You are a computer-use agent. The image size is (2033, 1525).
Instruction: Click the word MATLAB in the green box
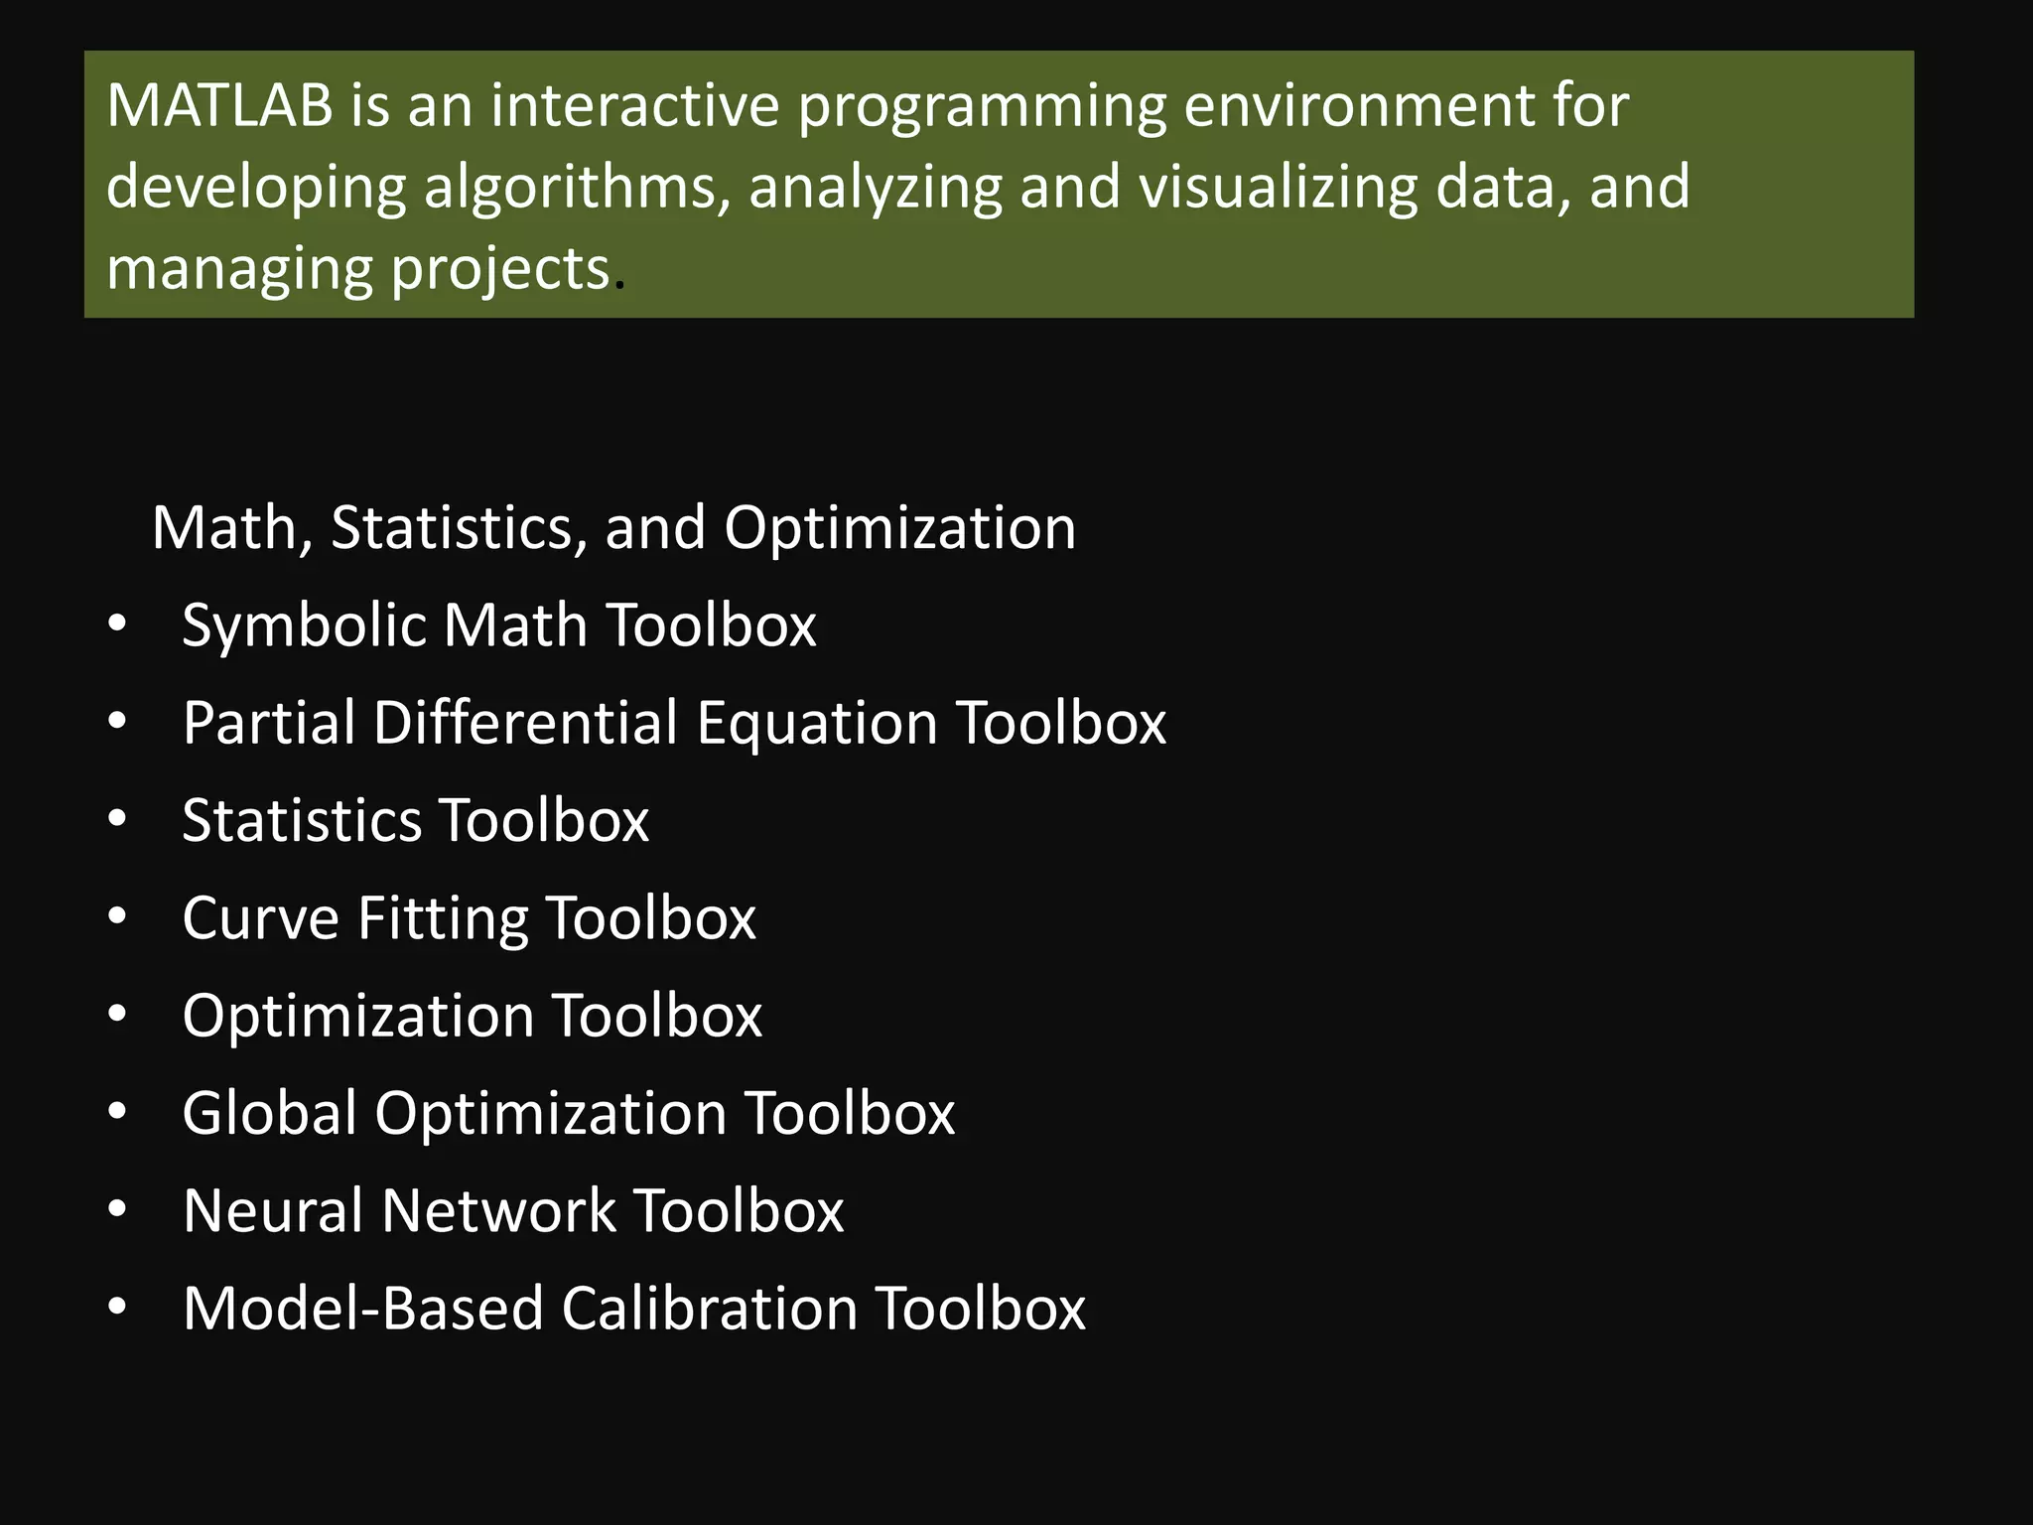219,105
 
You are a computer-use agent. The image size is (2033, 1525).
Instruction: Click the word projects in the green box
499,270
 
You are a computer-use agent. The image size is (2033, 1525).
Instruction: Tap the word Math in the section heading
223,527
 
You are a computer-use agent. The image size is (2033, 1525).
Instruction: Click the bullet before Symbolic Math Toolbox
117,624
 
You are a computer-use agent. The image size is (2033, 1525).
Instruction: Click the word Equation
816,724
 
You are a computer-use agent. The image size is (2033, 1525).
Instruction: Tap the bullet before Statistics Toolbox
117,819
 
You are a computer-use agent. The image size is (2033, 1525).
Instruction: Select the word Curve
261,917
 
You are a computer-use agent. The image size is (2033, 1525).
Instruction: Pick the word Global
269,1112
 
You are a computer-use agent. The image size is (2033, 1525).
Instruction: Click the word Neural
273,1210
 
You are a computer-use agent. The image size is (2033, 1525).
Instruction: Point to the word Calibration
709,1308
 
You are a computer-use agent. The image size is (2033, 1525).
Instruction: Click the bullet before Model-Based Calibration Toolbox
117,1308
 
